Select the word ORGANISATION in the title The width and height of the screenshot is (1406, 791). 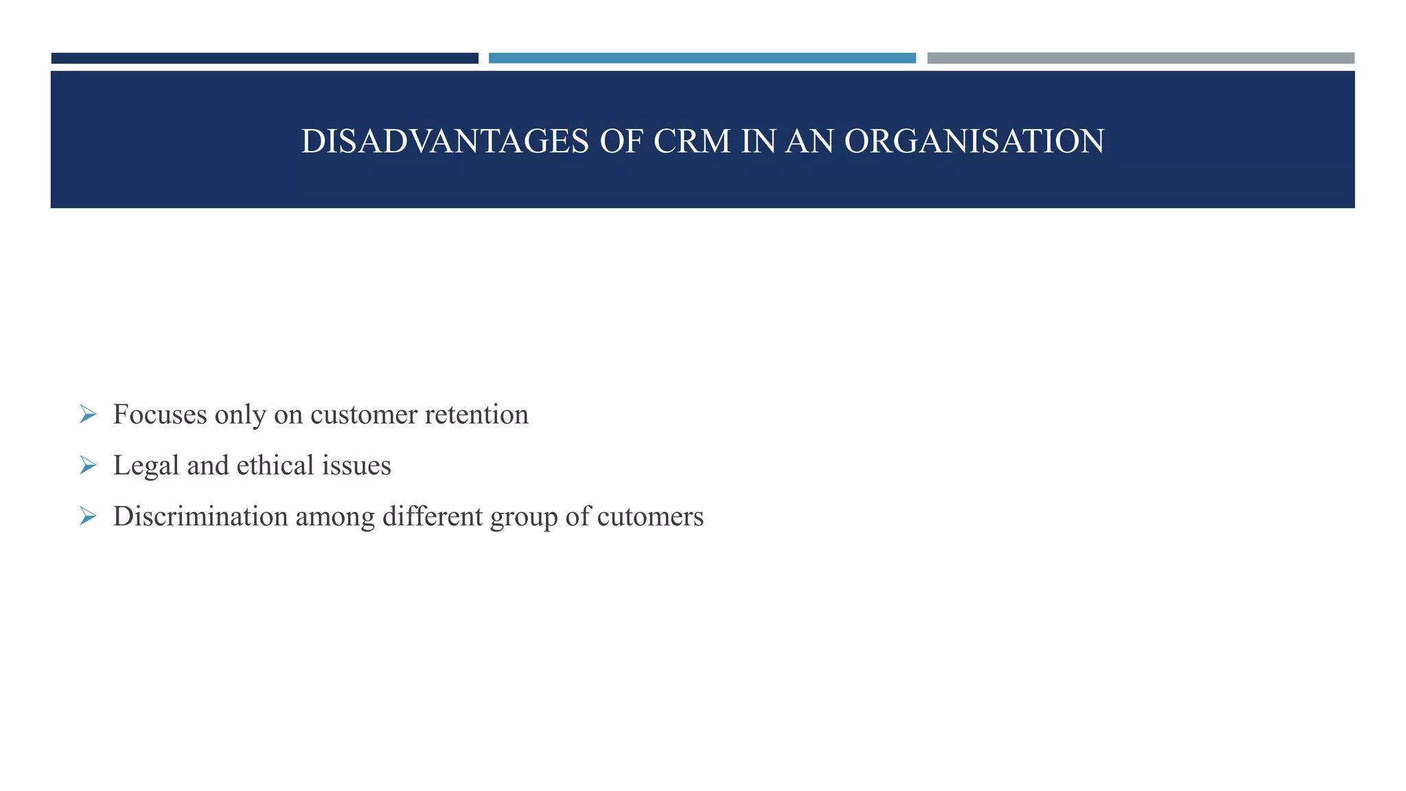tap(974, 141)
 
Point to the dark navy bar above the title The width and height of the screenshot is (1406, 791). tap(264, 58)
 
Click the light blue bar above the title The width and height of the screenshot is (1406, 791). tap(702, 58)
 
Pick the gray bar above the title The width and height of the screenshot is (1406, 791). tap(1140, 58)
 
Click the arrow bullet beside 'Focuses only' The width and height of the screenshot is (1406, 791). tap(88, 414)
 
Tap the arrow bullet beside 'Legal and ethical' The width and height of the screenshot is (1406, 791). tap(88, 466)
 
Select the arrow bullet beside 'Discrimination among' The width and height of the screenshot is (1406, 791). tap(88, 516)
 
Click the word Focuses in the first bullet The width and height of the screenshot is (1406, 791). tap(160, 414)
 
